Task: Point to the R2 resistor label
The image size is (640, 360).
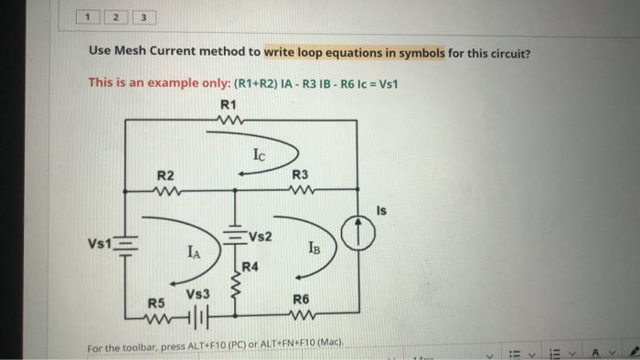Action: [x=165, y=175]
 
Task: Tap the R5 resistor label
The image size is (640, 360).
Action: [x=156, y=302]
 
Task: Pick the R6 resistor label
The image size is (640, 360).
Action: [x=301, y=299]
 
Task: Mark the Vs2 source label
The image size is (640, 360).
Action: [x=260, y=237]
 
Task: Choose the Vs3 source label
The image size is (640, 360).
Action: [x=198, y=295]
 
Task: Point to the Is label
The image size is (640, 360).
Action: [x=381, y=211]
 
